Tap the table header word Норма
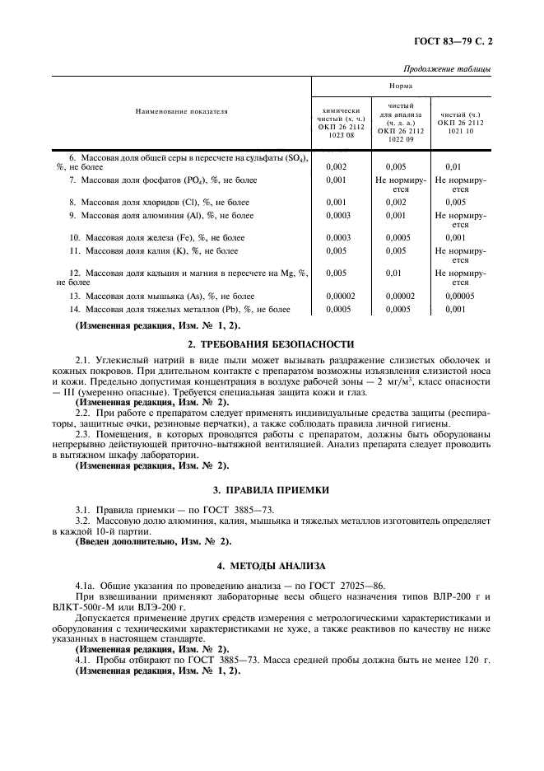tap(402, 85)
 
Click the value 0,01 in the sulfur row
tap(453, 166)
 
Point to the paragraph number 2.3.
tap(84, 433)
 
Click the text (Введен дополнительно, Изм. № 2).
tap(142, 541)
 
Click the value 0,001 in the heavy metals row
tap(454, 310)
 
